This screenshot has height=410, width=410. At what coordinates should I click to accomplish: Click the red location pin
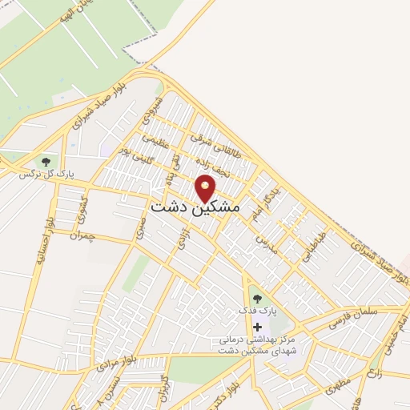(x=206, y=187)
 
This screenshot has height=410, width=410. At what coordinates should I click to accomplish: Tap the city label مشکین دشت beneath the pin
(x=195, y=207)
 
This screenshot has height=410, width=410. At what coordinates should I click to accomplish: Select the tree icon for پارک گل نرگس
(x=44, y=160)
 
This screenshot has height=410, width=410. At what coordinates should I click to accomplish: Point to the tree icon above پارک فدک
(x=257, y=299)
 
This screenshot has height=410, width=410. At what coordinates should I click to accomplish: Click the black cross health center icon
(x=257, y=327)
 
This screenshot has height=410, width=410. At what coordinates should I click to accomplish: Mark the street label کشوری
(x=82, y=209)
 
